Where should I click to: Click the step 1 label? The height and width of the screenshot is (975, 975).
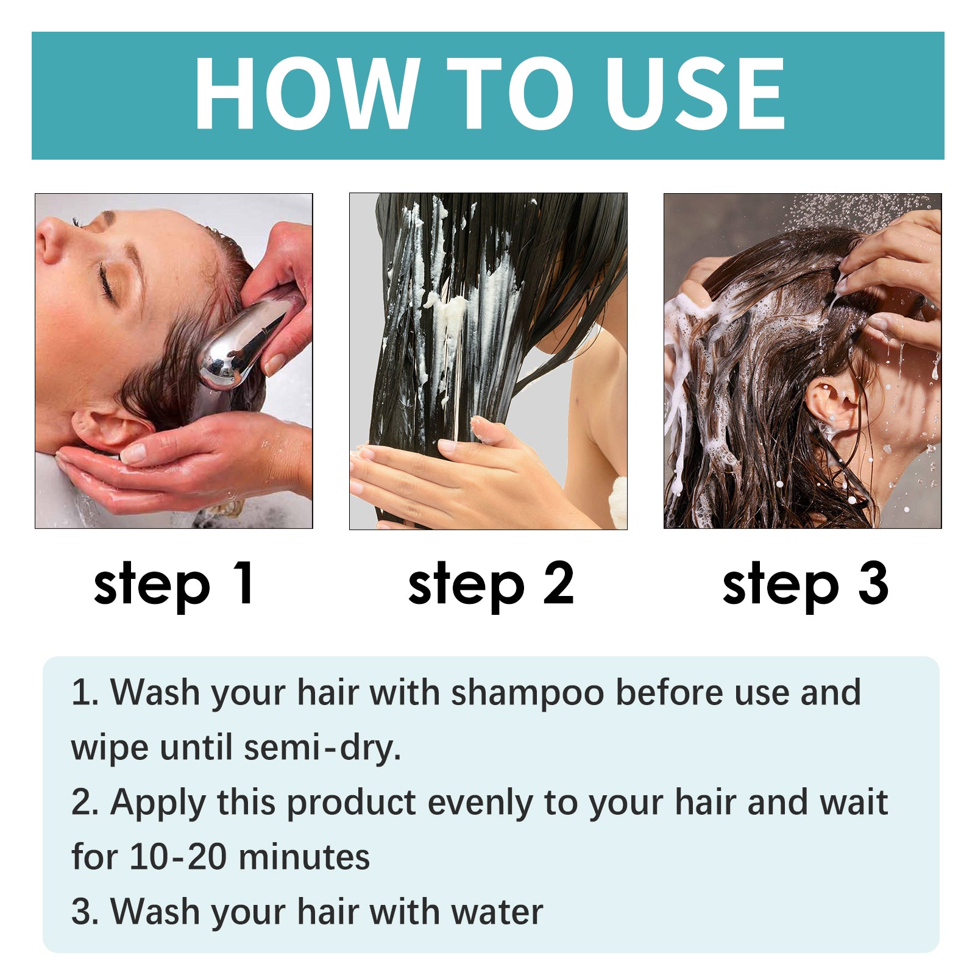click(x=174, y=584)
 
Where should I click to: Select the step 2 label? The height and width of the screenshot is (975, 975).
click(x=491, y=584)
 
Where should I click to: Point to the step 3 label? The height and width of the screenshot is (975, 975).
click(x=805, y=584)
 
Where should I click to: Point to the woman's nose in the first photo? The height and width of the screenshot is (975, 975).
click(x=49, y=241)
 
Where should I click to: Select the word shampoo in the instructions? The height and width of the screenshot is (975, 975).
click(x=527, y=693)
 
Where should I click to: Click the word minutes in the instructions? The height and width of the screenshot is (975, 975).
click(x=304, y=857)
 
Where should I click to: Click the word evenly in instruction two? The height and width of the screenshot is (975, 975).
click(x=480, y=803)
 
